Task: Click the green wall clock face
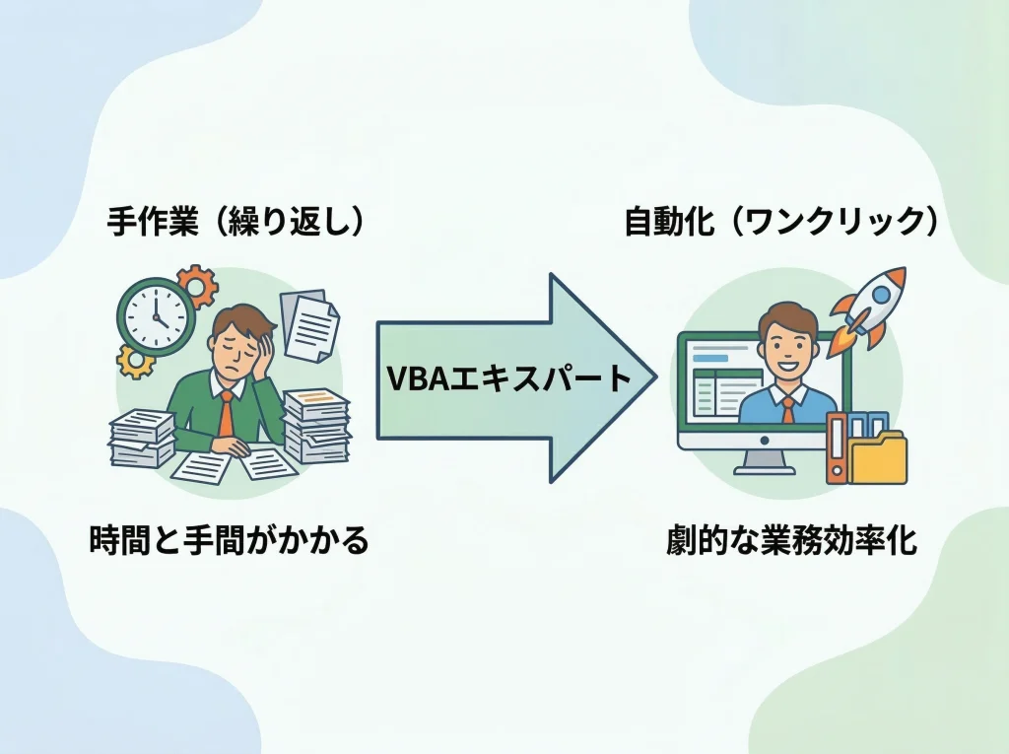pos(155,313)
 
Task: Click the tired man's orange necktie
pos(227,414)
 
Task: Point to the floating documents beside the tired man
pos(307,322)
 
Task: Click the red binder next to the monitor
pos(837,448)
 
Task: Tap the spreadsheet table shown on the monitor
pos(726,391)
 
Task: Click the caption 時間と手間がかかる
pos(229,540)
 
